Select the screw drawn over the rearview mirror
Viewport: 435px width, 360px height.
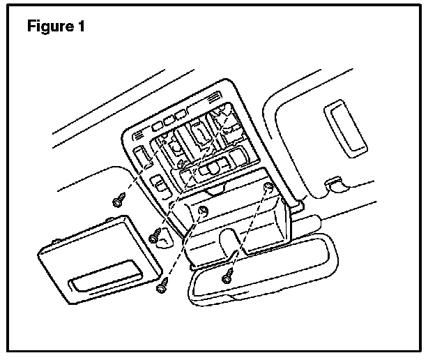click(227, 276)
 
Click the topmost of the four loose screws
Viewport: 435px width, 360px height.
click(117, 201)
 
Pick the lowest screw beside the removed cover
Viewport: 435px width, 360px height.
click(162, 285)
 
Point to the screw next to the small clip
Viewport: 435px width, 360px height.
click(155, 237)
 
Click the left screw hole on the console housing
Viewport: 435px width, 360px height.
click(203, 211)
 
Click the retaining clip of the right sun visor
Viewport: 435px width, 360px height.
click(336, 183)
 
